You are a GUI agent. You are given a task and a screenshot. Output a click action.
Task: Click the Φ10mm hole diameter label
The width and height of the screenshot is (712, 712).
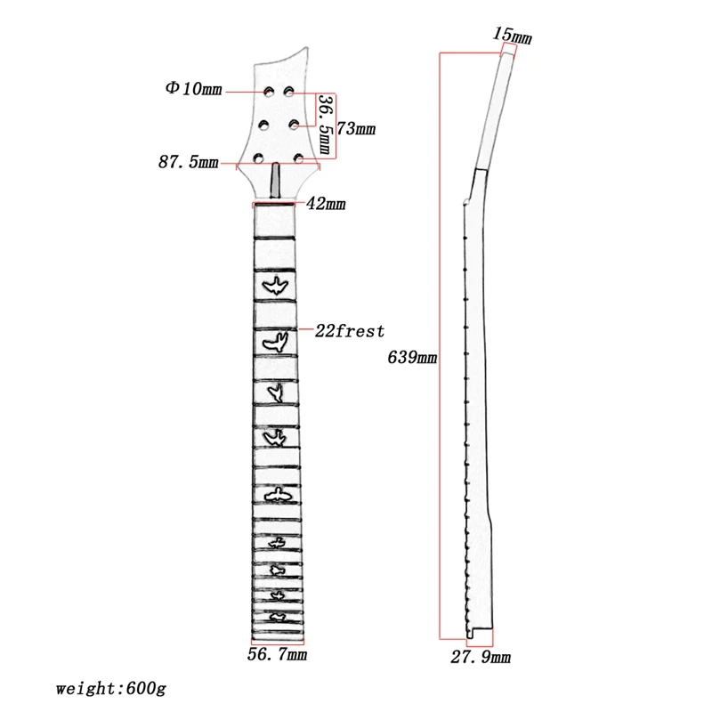click(x=194, y=88)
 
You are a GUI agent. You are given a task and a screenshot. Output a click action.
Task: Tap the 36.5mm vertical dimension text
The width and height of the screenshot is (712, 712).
click(x=326, y=124)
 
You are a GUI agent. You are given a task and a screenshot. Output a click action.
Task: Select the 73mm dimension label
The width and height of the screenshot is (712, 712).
click(x=356, y=128)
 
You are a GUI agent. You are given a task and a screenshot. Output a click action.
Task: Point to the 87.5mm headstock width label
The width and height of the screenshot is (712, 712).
click(x=189, y=162)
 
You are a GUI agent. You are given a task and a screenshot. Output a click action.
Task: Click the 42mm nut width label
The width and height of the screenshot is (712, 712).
click(x=326, y=204)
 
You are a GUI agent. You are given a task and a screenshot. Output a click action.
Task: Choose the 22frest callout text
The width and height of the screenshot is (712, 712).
click(x=350, y=330)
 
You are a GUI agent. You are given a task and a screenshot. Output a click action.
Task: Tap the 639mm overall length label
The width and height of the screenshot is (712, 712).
click(x=412, y=358)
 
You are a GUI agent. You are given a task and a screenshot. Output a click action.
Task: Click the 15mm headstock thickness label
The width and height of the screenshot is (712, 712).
click(x=513, y=36)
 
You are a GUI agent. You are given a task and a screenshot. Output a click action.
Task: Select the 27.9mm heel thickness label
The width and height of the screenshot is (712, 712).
click(x=481, y=657)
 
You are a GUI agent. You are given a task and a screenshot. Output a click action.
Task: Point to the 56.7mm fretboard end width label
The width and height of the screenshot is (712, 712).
click(x=278, y=654)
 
